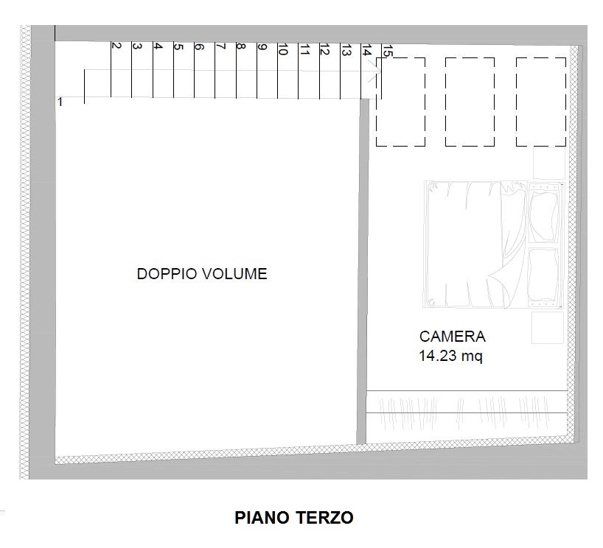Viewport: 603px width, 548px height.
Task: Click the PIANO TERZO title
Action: coord(294,517)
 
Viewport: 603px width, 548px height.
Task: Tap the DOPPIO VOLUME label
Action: coord(202,274)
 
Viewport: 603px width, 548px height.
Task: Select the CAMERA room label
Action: coord(452,337)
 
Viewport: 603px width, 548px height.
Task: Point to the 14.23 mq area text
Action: coord(450,356)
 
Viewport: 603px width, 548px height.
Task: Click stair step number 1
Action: coord(60,102)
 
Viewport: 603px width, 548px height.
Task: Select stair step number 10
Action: coord(282,49)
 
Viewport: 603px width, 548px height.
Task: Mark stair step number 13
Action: coord(345,49)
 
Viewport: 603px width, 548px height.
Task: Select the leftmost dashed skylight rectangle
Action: coord(400,102)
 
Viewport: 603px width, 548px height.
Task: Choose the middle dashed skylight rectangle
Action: coord(470,102)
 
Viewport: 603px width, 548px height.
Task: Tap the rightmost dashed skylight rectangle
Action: coord(540,102)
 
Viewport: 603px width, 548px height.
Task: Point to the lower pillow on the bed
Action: coord(543,274)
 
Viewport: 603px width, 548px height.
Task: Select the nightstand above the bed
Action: coord(548,164)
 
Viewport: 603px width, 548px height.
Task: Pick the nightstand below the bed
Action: coord(547,327)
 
